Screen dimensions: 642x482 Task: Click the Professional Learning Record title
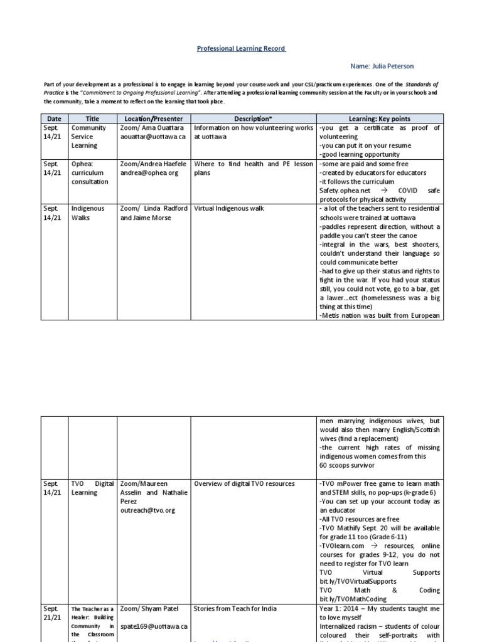(x=241, y=48)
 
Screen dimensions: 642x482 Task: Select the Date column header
(x=54, y=118)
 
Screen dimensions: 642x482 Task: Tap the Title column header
(x=92, y=118)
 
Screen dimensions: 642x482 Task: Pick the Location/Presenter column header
(x=154, y=118)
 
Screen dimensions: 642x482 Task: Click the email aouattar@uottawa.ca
(x=153, y=136)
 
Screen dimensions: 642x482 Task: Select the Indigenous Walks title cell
(x=88, y=213)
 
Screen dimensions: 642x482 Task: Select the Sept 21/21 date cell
(x=53, y=613)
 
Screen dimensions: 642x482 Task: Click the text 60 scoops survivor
(x=348, y=465)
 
